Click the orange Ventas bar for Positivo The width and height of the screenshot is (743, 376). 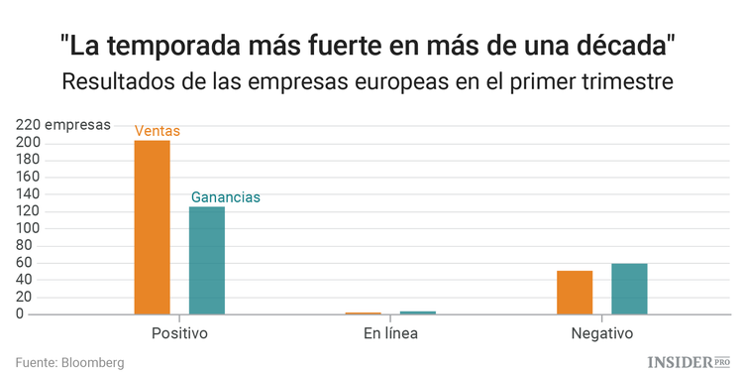click(153, 227)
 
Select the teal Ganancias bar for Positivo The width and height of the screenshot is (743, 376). click(207, 260)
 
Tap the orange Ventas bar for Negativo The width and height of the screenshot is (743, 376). click(575, 292)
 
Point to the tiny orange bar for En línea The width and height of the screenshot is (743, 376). click(363, 313)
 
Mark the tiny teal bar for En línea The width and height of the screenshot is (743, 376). click(417, 313)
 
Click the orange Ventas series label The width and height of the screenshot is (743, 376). click(158, 131)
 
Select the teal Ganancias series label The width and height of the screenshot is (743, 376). click(225, 197)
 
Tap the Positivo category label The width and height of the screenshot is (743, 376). click(179, 333)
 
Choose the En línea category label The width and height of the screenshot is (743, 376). click(390, 333)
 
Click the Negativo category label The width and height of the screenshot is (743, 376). click(601, 333)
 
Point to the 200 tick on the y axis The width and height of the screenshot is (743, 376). click(28, 143)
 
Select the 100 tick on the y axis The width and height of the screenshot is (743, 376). click(28, 228)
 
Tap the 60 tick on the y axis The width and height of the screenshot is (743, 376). click(32, 263)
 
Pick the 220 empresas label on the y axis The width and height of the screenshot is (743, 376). click(61, 126)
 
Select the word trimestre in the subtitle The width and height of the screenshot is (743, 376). click(629, 82)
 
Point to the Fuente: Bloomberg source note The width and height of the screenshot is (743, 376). click(69, 363)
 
